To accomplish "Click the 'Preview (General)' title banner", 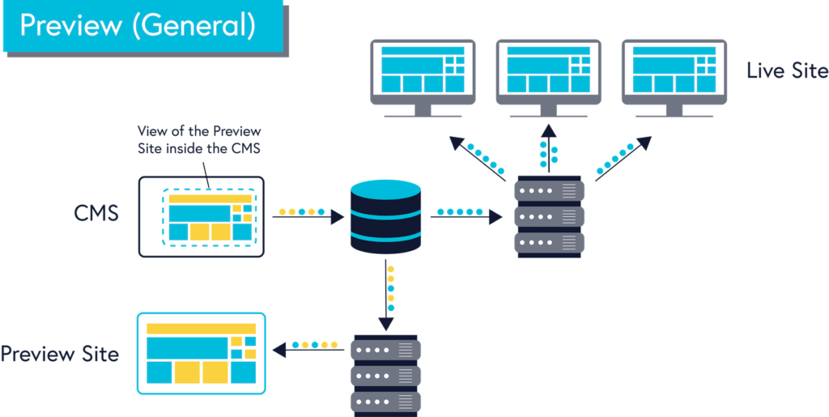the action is coord(143,27).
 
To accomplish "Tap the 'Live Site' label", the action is coord(787,70).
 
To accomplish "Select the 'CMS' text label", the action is coord(96,215).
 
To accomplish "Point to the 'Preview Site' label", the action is coord(59,354).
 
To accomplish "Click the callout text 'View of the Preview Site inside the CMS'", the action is coord(199,139).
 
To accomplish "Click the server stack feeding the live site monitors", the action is coord(550,217).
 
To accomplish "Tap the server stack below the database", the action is coord(386,375).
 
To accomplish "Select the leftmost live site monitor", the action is coord(423,78).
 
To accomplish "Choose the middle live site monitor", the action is coord(548,78).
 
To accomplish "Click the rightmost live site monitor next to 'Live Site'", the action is coord(674,78).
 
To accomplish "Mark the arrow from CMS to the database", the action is coord(308,217).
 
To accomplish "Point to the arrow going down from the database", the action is coord(386,295).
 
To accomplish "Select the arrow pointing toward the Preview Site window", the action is coord(308,350).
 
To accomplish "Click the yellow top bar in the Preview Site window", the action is coord(201,328).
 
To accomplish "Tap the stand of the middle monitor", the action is coord(548,110).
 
